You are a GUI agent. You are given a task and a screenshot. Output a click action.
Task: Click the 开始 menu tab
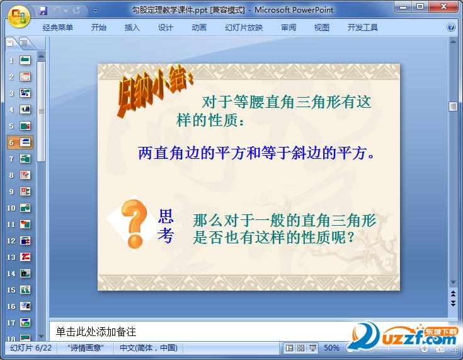coord(99,28)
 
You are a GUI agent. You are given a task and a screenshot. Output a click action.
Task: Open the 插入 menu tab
coord(132,28)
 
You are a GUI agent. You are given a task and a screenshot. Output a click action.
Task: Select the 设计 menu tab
coord(165,28)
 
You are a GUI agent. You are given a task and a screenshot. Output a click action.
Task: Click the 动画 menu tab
coord(199,28)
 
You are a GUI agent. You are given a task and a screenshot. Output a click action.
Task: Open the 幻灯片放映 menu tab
coord(244,28)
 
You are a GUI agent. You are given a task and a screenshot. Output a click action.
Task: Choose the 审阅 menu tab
coord(289,28)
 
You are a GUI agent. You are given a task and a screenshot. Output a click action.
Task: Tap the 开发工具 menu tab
coord(363,28)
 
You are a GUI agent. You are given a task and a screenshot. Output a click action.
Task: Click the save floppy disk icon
coord(43,11)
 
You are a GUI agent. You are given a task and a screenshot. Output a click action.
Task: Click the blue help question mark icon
coord(451,28)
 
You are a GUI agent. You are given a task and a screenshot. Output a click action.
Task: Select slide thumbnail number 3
coord(25,93)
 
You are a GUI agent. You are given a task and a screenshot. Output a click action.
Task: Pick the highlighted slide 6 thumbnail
coord(25,142)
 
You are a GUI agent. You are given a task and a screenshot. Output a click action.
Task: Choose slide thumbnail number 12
coord(25,241)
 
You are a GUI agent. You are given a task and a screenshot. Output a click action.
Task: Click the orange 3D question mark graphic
coord(134,224)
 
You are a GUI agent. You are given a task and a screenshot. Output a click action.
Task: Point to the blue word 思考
coord(166,226)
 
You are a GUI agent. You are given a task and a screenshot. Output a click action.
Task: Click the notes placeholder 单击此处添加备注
coord(96,332)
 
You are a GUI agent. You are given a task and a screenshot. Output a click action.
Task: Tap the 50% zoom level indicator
coord(331,348)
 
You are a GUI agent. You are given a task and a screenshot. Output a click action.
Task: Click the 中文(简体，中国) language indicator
coord(149,348)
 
